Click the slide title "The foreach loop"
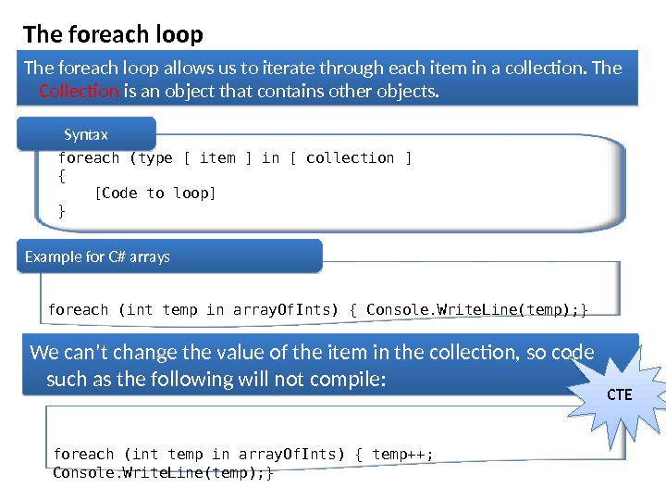113,35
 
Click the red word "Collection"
80,92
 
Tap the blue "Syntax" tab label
86,134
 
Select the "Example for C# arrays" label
97,256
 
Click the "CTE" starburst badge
619,394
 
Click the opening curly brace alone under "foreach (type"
62,175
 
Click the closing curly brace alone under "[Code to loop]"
62,210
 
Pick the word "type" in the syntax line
154,157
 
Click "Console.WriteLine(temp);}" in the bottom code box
164,472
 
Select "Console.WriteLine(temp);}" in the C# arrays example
477,309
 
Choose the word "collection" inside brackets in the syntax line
350,157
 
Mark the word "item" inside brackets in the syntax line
217,157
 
